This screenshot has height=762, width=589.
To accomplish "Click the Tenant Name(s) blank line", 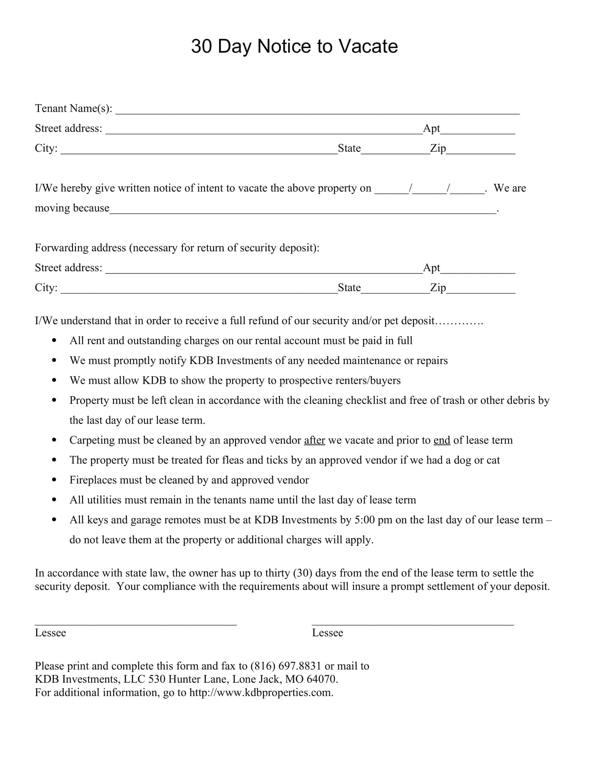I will [317, 111].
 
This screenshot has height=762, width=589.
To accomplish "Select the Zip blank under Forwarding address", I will [481, 290].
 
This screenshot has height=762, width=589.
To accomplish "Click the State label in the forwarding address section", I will [349, 287].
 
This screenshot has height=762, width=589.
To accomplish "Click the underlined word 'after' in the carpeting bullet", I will [314, 440].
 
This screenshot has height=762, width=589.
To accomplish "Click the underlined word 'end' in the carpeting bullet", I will [441, 440].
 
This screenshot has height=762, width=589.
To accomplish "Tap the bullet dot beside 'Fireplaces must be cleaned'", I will [54, 480].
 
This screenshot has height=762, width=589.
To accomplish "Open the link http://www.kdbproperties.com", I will [261, 693].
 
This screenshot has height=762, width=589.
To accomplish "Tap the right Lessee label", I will [327, 633].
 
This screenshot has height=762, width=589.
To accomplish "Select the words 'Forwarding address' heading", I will [80, 248].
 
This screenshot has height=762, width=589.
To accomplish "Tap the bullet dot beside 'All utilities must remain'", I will [54, 500].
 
